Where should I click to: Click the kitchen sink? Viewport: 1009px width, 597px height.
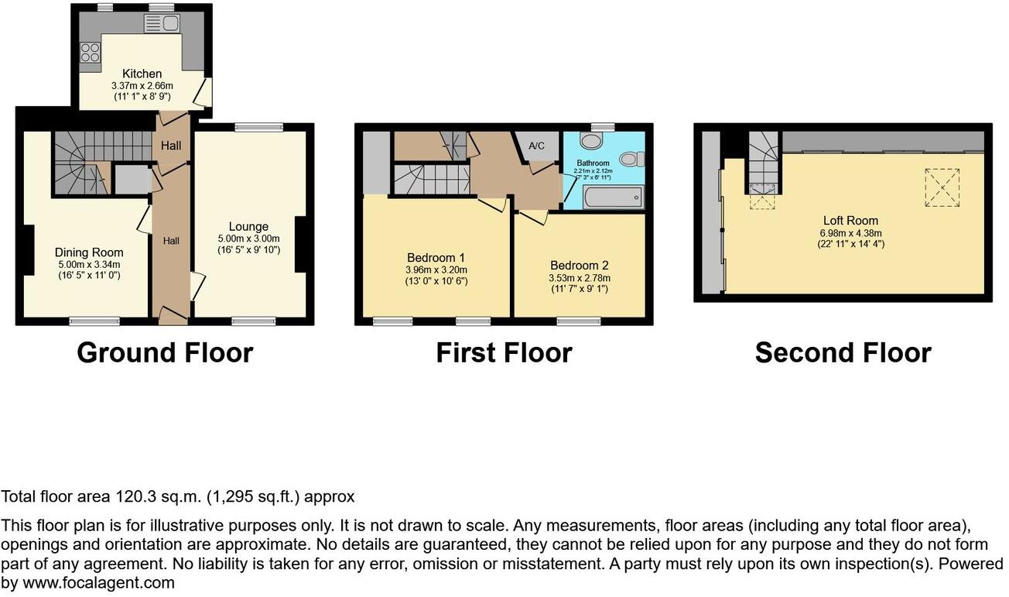(x=162, y=23)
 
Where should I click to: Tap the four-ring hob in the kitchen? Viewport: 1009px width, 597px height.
(x=90, y=52)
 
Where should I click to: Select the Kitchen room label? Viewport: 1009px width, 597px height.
(x=142, y=74)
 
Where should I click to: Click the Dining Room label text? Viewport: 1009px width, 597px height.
(x=89, y=252)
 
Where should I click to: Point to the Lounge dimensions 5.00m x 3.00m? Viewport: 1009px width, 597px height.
(x=248, y=238)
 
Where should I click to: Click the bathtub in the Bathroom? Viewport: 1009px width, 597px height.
(x=613, y=197)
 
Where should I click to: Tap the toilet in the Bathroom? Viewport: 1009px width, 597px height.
(x=632, y=159)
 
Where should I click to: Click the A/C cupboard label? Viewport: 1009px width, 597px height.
(x=536, y=146)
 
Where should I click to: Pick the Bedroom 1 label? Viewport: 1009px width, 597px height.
(x=436, y=258)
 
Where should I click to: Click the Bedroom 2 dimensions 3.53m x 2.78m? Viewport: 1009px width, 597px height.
(x=580, y=278)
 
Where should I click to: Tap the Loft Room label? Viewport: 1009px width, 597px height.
(x=850, y=221)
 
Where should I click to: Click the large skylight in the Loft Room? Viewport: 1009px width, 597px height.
(x=942, y=187)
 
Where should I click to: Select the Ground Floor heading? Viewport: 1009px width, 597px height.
(x=165, y=352)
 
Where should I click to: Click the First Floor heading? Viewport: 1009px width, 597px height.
(x=504, y=352)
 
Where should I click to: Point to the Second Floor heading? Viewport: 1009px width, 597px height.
(x=843, y=352)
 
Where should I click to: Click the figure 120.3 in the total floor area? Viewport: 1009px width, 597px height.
(x=135, y=496)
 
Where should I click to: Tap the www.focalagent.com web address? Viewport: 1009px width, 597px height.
(x=98, y=582)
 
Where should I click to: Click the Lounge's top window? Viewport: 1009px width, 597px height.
(x=258, y=127)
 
